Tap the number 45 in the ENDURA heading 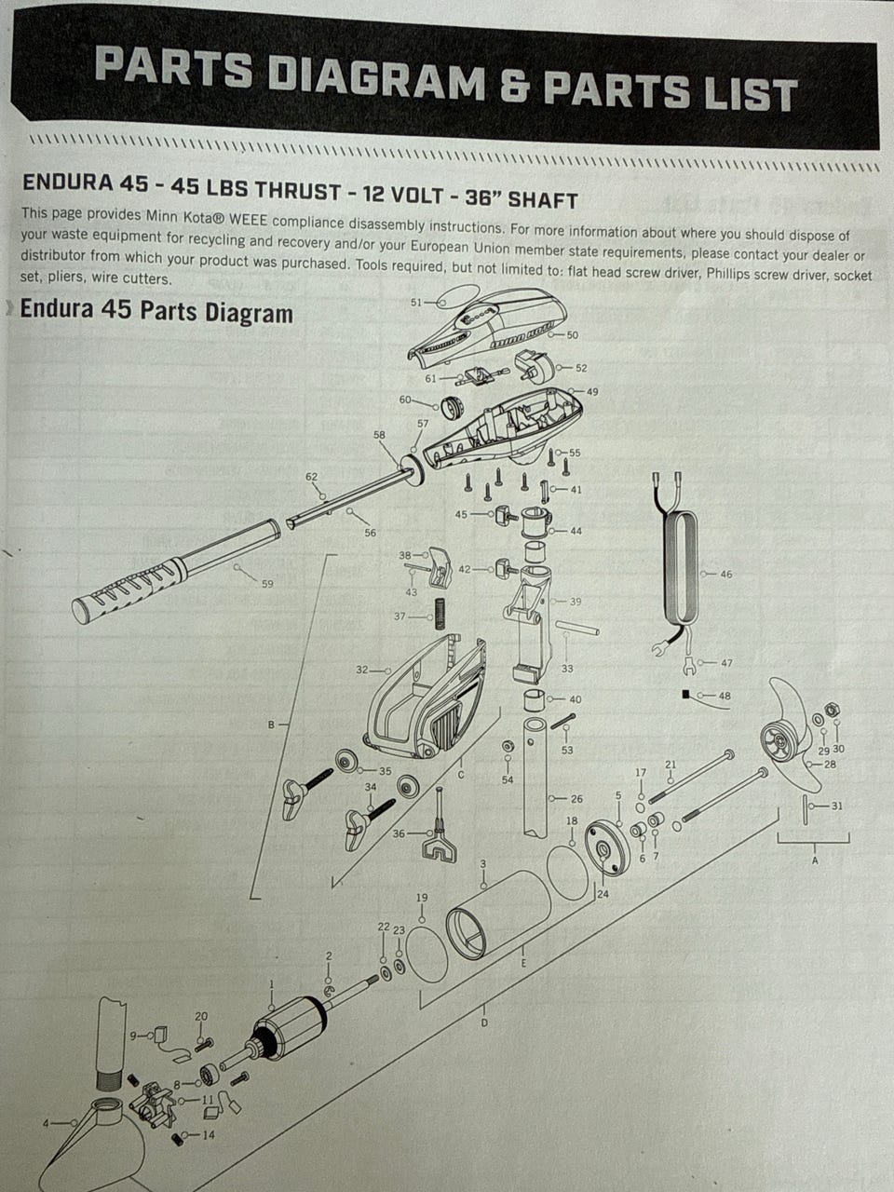click(133, 183)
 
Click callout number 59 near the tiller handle click(267, 584)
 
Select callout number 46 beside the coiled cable click(725, 574)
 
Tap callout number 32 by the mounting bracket click(362, 670)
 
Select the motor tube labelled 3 click(498, 915)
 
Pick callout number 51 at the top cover click(416, 302)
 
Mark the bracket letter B click(271, 725)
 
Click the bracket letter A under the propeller click(814, 860)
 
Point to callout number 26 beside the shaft click(576, 799)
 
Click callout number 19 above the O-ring click(422, 897)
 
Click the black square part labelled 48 click(685, 694)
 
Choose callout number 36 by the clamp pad click(399, 833)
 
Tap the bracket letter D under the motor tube click(484, 1023)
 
